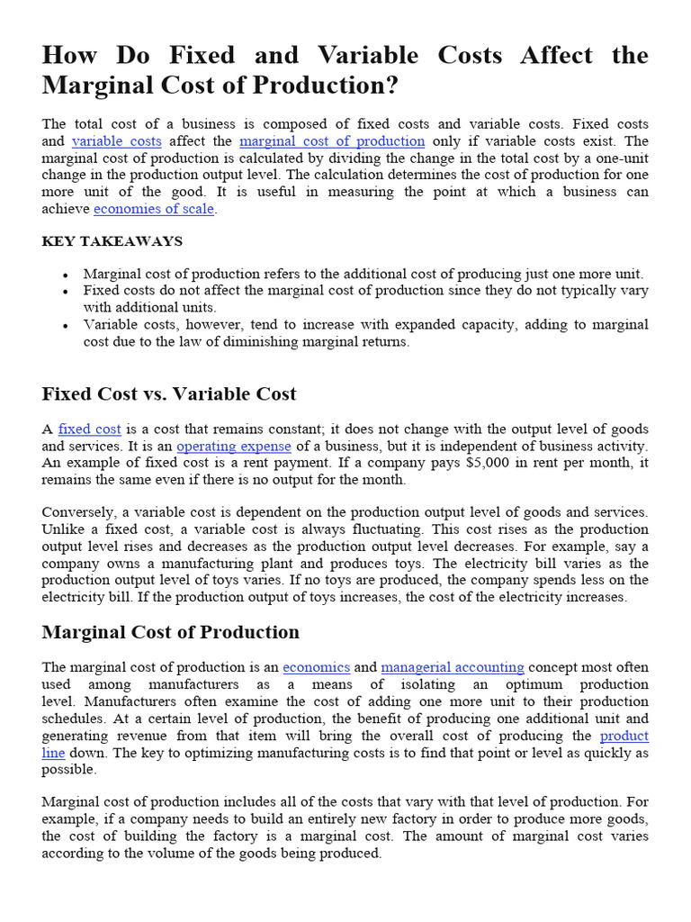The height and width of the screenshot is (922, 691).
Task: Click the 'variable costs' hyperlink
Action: coord(116,141)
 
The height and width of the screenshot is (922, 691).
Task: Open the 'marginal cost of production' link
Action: coord(332,141)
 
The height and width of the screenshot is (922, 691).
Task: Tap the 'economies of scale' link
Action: coord(154,209)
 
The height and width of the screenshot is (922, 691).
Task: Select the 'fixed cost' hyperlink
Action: coord(89,429)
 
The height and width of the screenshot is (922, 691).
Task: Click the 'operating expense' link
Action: coord(234,447)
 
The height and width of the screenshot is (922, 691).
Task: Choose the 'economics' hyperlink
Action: coord(316,667)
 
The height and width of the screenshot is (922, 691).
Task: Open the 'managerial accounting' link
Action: coord(453,667)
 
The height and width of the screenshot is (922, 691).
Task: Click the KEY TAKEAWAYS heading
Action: coord(112,241)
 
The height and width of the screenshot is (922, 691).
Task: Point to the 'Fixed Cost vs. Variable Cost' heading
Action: coord(169,394)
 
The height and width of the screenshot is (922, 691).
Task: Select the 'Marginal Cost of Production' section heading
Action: coord(171,632)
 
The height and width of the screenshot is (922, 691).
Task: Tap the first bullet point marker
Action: coord(67,275)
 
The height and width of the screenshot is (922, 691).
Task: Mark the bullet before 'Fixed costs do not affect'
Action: coord(67,292)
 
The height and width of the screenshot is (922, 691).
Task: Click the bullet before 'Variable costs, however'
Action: coord(67,325)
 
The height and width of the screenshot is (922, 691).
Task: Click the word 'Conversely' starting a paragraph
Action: coord(76,512)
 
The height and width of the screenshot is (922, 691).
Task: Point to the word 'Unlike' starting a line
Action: coord(62,529)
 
